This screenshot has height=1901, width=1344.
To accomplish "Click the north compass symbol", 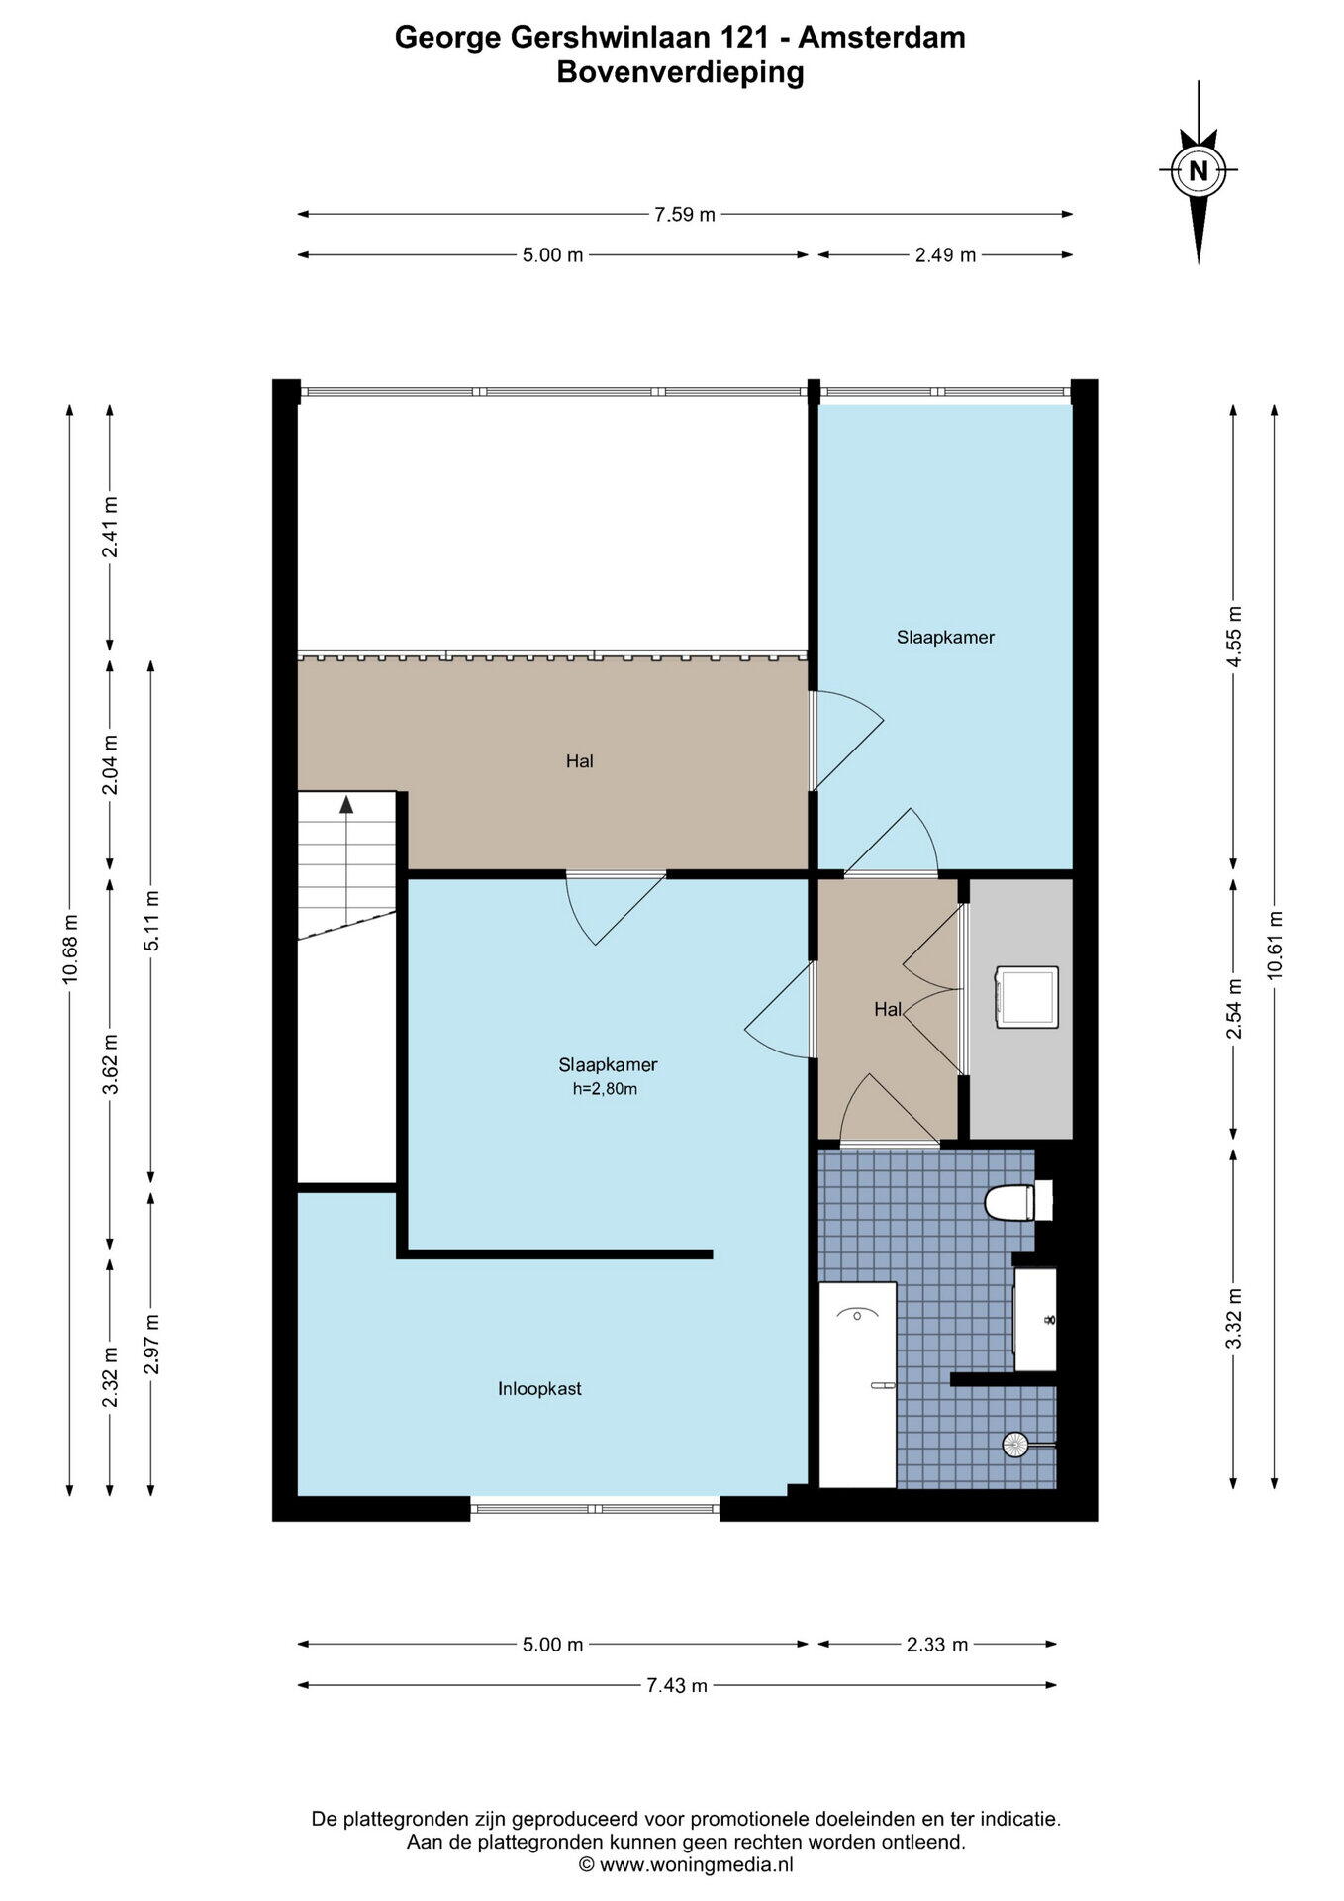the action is pyautogui.click(x=1199, y=170).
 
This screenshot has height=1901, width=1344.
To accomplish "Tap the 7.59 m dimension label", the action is pyautogui.click(x=685, y=215).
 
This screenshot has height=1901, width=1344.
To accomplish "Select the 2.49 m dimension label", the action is pyautogui.click(x=945, y=255).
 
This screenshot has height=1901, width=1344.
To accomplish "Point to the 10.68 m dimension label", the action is pyautogui.click(x=69, y=949).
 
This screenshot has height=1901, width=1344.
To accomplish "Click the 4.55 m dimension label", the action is pyautogui.click(x=1233, y=636).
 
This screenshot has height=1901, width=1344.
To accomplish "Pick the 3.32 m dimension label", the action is pyautogui.click(x=1233, y=1317).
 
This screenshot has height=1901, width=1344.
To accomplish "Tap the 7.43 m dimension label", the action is pyautogui.click(x=677, y=1685).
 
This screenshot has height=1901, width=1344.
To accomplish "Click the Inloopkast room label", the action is pyautogui.click(x=539, y=1389).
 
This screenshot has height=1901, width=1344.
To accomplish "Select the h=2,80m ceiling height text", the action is pyautogui.click(x=605, y=1089).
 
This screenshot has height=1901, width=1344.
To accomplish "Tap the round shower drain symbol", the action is pyautogui.click(x=1016, y=1445).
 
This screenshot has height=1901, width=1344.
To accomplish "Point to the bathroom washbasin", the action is pyautogui.click(x=1035, y=1319).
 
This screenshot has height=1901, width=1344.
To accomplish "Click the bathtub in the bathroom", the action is pyautogui.click(x=858, y=1384).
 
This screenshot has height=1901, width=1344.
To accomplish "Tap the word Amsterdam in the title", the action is pyautogui.click(x=882, y=38).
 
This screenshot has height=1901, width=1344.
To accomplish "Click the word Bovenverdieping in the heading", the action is pyautogui.click(x=680, y=73).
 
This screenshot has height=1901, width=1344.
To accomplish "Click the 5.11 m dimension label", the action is pyautogui.click(x=150, y=921).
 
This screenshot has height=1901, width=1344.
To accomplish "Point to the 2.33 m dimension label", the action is pyautogui.click(x=937, y=1645).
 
